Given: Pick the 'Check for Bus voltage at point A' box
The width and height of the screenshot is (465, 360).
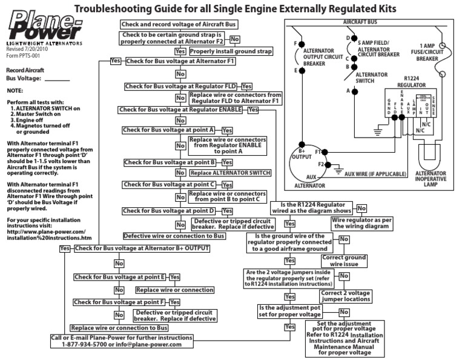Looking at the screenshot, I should [170, 130].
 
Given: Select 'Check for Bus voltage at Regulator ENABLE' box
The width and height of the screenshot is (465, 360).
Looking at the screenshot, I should [181, 110].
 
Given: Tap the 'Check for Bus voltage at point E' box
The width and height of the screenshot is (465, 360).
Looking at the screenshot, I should [120, 277].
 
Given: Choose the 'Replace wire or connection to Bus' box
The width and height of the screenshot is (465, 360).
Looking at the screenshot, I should [119, 327].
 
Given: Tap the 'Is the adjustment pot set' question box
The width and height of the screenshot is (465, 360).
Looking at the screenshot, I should [290, 311].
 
